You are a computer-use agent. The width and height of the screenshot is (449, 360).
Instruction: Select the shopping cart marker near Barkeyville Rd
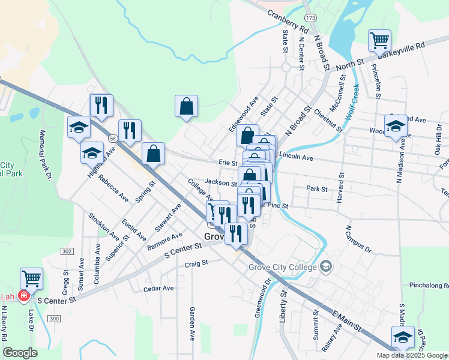(379, 41)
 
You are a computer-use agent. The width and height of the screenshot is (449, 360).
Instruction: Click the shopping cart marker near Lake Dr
(31, 278)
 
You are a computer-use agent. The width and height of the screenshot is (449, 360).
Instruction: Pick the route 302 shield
(67, 251)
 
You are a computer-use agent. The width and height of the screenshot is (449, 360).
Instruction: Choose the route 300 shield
(55, 317)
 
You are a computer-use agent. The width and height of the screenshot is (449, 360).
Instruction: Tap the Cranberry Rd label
(288, 23)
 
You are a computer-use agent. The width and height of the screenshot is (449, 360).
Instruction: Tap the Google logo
(20, 352)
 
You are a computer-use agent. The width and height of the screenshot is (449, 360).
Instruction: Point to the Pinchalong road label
(429, 285)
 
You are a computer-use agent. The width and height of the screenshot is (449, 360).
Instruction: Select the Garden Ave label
(193, 323)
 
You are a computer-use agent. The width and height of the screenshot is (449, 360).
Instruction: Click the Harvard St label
(340, 188)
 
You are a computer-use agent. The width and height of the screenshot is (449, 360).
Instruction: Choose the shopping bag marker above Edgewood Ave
(186, 106)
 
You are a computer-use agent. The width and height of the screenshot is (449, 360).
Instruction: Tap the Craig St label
(196, 263)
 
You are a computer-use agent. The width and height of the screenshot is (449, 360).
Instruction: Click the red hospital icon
(23, 296)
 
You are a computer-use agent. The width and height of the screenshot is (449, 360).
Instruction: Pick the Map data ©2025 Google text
(412, 355)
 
